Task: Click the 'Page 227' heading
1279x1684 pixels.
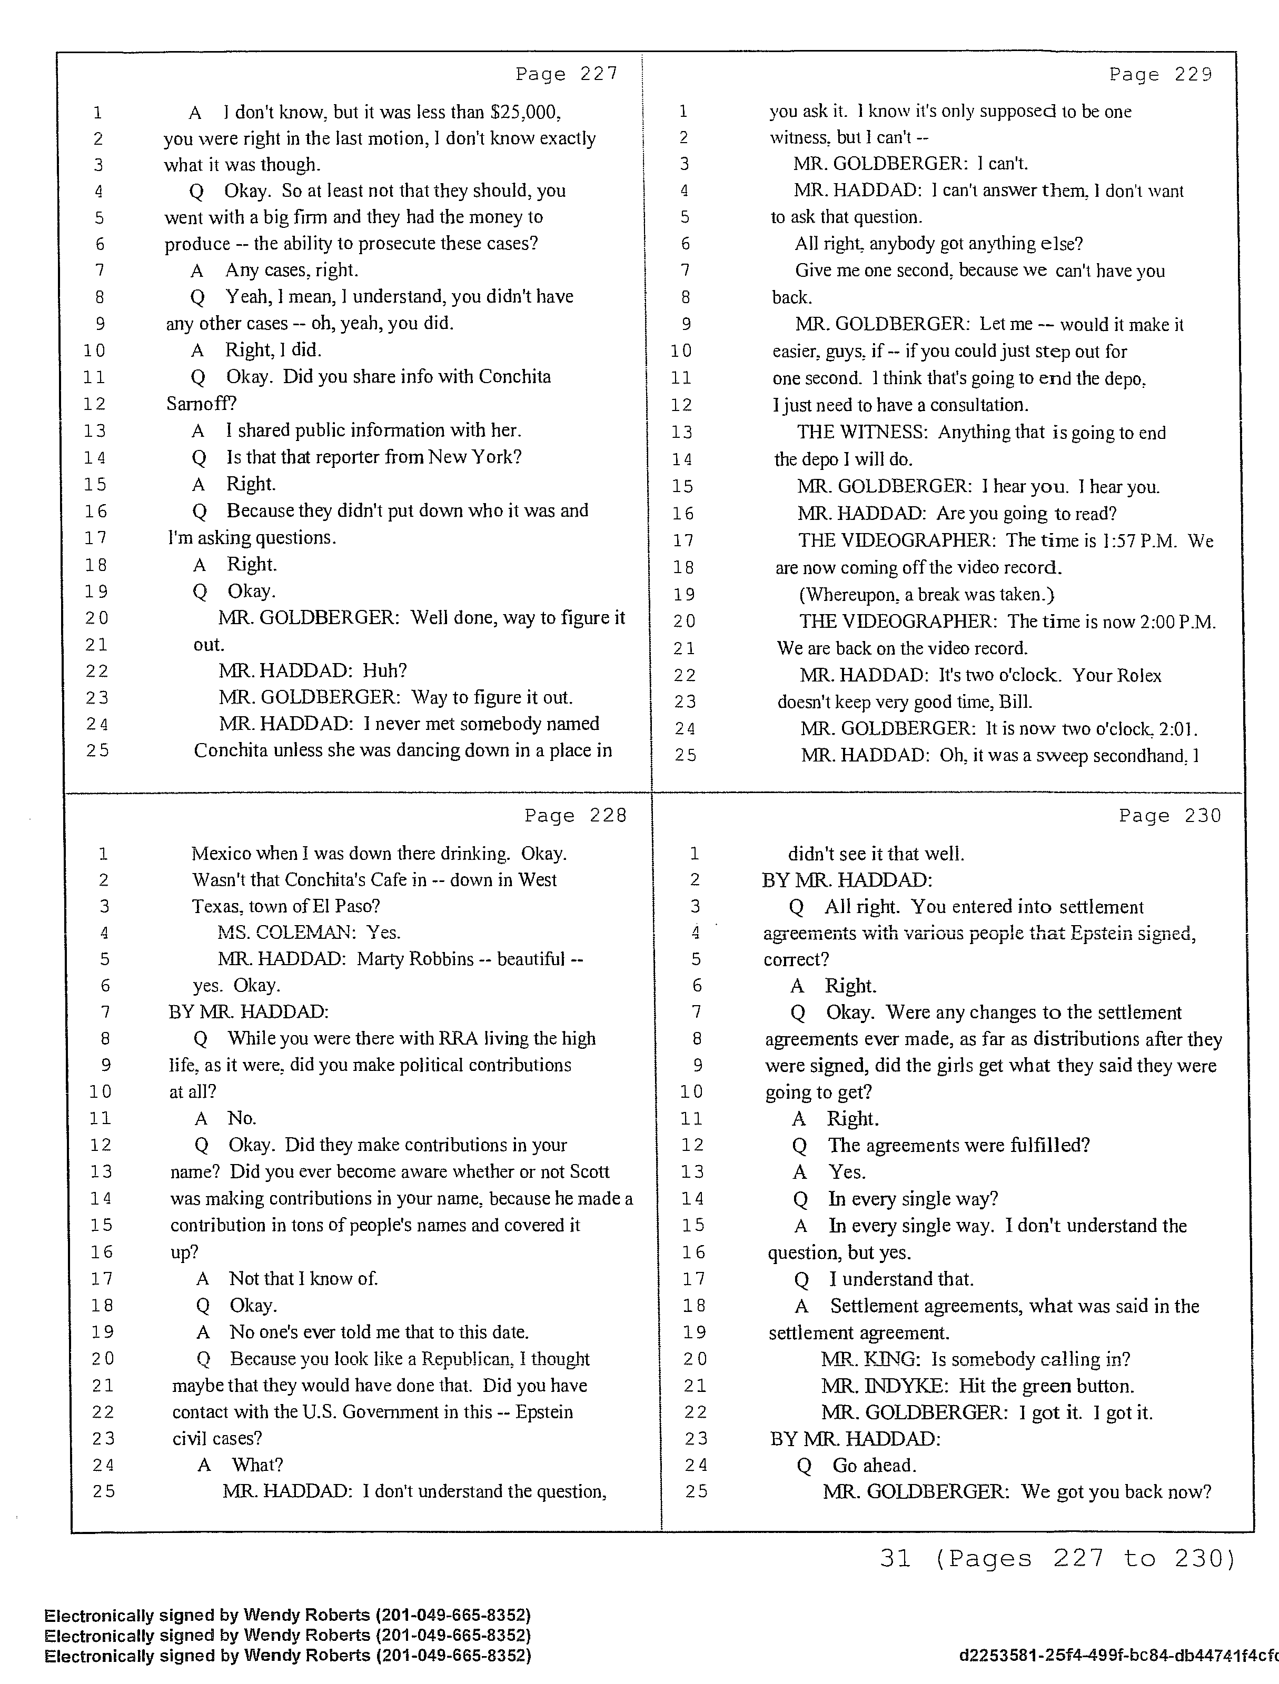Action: click(x=566, y=74)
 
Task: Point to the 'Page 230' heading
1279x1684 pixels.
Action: click(x=1169, y=815)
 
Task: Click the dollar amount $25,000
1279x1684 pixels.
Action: click(x=526, y=113)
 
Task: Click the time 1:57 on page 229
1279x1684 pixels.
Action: click(x=1107, y=540)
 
